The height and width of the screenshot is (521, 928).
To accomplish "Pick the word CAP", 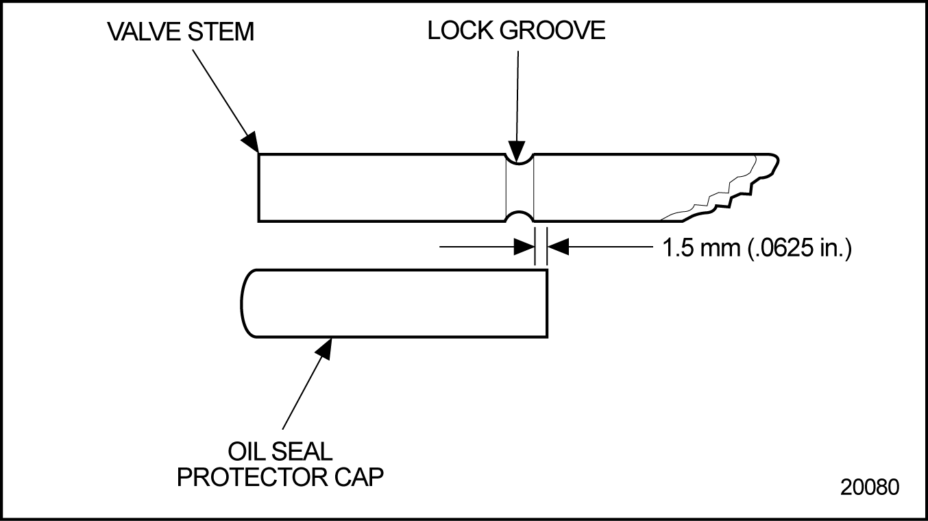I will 360,477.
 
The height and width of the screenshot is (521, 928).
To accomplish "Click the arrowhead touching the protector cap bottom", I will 323,348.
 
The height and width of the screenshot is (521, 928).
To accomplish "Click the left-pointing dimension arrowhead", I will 557,246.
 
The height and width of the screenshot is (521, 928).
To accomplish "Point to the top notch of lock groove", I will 518,159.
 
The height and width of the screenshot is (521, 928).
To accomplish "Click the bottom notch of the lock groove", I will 518,216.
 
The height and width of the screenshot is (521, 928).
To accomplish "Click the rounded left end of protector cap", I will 245,303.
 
